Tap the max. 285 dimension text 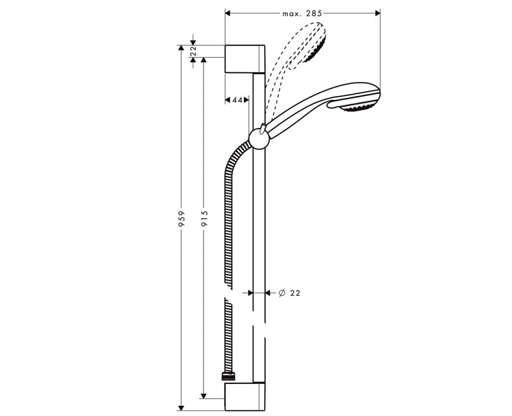coord(301,13)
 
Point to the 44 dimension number coord(237,100)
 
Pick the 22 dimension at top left coord(193,51)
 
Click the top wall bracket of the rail coord(244,59)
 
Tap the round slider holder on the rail coord(257,138)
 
